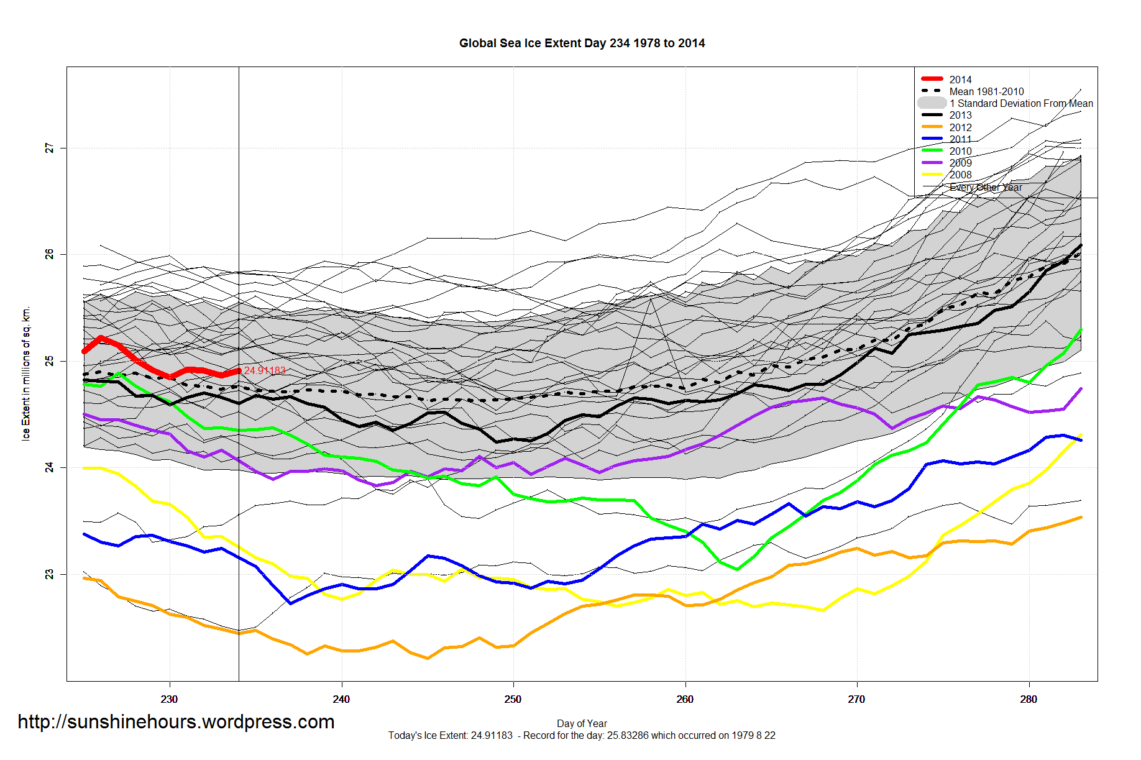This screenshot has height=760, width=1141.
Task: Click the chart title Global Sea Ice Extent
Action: pyautogui.click(x=582, y=43)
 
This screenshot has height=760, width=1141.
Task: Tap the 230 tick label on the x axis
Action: pyautogui.click(x=169, y=699)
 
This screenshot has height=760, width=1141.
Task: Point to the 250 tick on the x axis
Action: pyautogui.click(x=513, y=699)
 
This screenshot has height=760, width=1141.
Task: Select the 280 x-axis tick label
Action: pyautogui.click(x=1029, y=699)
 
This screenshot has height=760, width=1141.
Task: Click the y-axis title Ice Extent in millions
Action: pyautogui.click(x=25, y=373)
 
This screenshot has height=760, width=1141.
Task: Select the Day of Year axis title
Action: pyautogui.click(x=582, y=723)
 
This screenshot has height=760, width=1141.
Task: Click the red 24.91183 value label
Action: pyautogui.click(x=265, y=370)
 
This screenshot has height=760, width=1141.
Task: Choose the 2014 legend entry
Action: pyautogui.click(x=960, y=80)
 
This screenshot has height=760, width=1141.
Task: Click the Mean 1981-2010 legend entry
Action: pyautogui.click(x=986, y=91)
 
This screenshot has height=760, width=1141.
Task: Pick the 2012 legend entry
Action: pyautogui.click(x=960, y=127)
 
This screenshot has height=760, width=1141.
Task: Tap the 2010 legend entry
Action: pyautogui.click(x=960, y=151)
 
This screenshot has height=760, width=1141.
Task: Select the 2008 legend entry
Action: pyautogui.click(x=960, y=175)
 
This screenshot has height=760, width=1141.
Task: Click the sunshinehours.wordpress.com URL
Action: pyautogui.click(x=176, y=721)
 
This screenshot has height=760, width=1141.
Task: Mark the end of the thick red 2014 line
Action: pyautogui.click(x=239, y=371)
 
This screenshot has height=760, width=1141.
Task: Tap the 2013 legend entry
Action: pyautogui.click(x=960, y=116)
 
